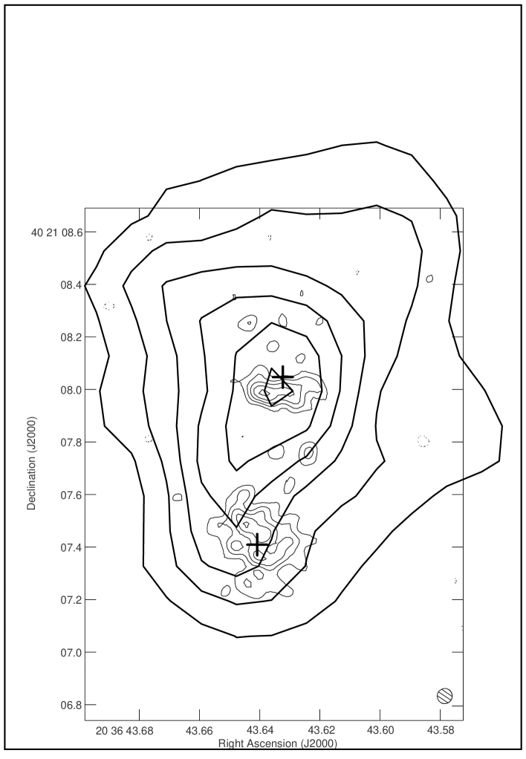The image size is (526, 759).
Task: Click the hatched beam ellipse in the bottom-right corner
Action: click(x=444, y=695)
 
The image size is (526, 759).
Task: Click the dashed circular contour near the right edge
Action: click(x=423, y=441)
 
